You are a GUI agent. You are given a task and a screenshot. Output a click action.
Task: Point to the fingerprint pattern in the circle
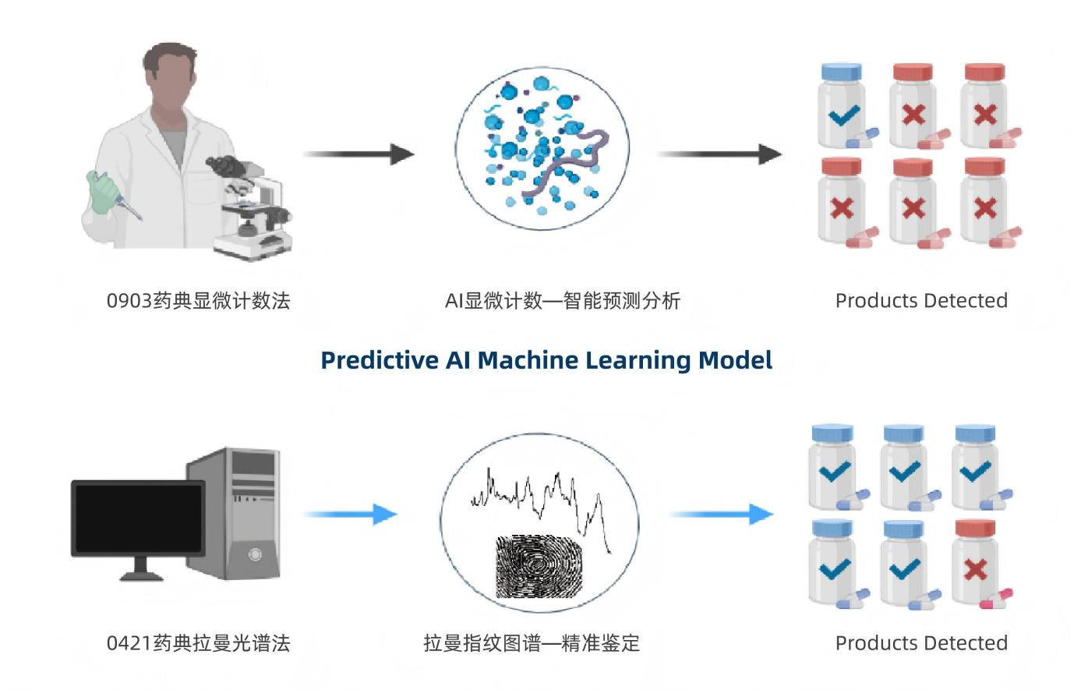click(539, 565)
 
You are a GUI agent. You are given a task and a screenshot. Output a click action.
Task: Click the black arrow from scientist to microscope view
click(358, 154)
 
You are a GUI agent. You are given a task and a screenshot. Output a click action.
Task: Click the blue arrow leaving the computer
click(350, 515)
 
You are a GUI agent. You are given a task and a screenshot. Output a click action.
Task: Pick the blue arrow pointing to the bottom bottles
click(721, 515)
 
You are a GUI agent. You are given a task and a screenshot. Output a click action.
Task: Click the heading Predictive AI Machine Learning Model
click(546, 360)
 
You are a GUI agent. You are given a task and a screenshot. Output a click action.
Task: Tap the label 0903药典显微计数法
click(198, 301)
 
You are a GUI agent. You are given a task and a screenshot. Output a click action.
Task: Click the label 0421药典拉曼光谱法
click(198, 643)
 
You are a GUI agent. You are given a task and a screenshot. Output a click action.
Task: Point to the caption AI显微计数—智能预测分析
click(562, 301)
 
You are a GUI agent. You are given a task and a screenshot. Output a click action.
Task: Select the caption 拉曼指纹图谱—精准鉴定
click(532, 643)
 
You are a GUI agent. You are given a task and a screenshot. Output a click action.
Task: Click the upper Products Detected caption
click(921, 301)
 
